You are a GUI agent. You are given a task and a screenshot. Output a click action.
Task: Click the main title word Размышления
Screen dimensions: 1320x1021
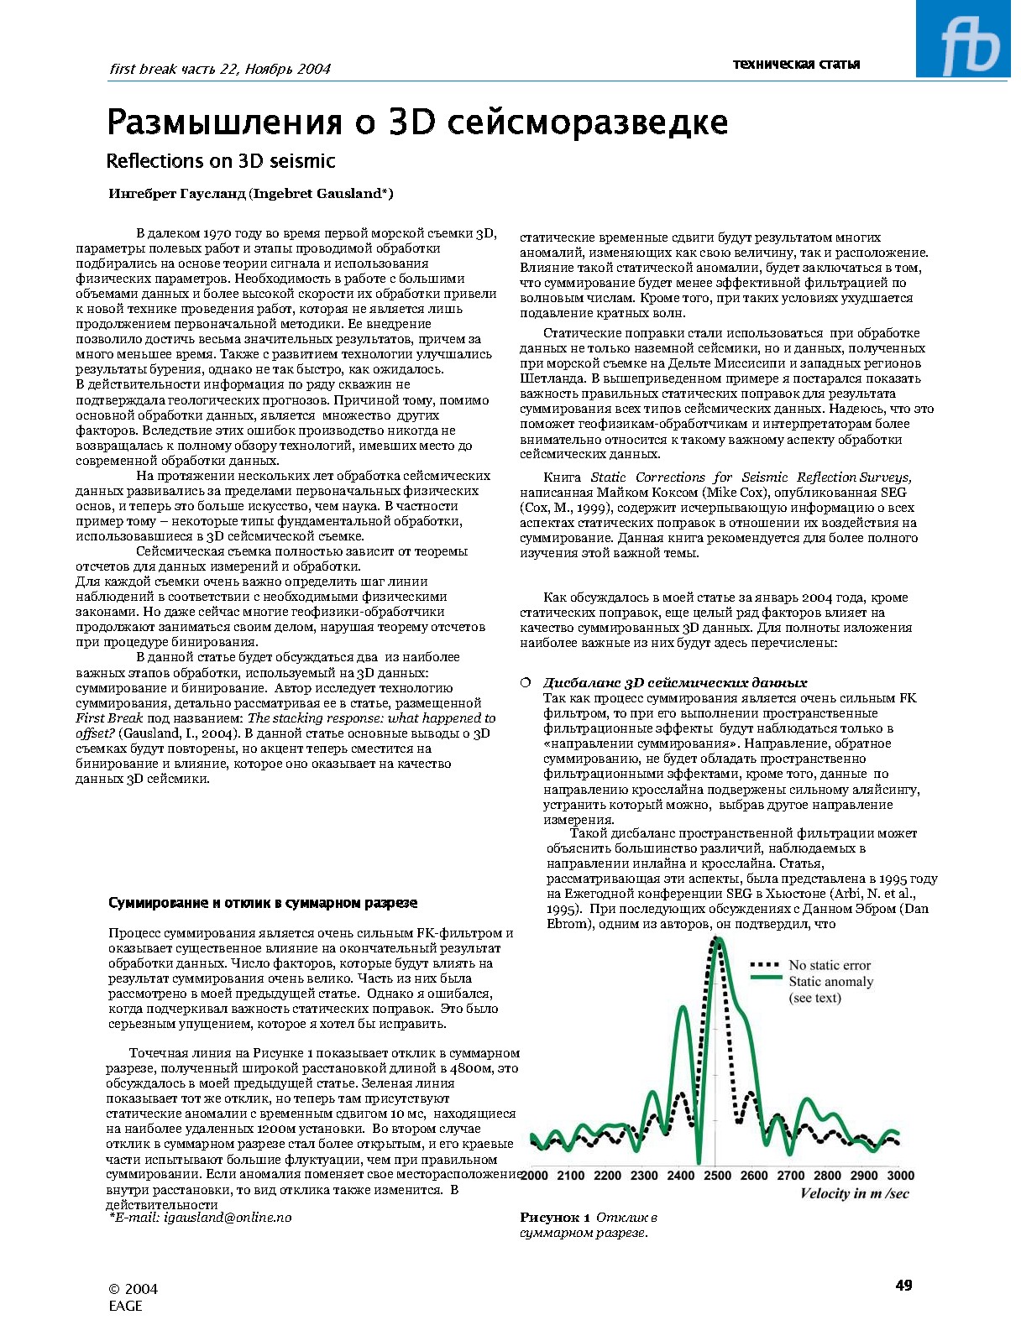coord(224,123)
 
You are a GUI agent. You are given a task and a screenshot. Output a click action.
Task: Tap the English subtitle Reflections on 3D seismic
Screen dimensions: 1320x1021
coord(220,161)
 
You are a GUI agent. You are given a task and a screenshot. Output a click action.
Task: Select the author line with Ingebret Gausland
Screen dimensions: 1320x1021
coord(251,194)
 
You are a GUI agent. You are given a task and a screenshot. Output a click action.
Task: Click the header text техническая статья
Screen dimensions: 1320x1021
coord(796,64)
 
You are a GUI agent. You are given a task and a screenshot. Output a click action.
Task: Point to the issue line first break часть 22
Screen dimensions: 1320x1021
coord(220,70)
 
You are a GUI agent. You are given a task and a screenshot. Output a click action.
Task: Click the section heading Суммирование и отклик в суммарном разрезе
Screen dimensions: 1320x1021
coord(263,903)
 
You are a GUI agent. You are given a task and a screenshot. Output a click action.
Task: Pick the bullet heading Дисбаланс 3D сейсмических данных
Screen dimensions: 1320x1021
coord(674,682)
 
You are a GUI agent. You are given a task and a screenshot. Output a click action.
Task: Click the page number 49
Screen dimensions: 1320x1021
coord(903,1285)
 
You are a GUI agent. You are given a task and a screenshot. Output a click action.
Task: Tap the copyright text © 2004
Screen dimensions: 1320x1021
coord(134,1289)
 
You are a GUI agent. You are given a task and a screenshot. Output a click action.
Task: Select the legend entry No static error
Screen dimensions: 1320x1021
coord(829,966)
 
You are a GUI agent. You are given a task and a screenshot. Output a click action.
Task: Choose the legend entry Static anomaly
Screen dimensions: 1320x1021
coord(830,982)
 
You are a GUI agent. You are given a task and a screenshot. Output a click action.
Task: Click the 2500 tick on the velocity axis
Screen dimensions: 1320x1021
coord(717,1176)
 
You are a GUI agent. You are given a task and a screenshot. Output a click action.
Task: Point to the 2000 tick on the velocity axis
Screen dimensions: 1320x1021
coord(535,1176)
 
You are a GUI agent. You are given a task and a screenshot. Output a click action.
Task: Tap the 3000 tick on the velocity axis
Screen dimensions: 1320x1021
coord(900,1176)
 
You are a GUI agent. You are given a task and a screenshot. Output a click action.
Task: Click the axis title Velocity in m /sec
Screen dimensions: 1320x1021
coord(854,1194)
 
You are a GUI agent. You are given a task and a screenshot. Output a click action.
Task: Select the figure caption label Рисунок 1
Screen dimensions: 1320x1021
coord(555,1218)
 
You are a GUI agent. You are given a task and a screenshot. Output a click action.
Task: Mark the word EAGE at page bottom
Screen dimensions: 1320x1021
coord(126,1306)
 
